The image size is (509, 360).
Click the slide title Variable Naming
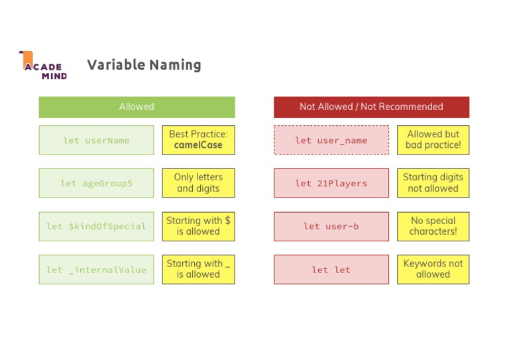pyautogui.click(x=144, y=65)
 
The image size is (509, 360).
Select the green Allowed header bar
pyautogui.click(x=137, y=107)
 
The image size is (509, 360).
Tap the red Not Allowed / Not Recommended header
pyautogui.click(x=371, y=107)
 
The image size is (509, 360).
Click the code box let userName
pyautogui.click(x=96, y=140)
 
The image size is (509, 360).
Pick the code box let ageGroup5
pyautogui.click(x=96, y=183)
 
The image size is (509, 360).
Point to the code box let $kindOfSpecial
pyautogui.click(x=96, y=226)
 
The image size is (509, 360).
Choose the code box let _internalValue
pyautogui.click(x=96, y=269)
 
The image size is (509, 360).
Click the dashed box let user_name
pyautogui.click(x=331, y=140)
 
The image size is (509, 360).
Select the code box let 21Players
pyautogui.click(x=331, y=183)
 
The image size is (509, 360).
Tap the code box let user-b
pyautogui.click(x=331, y=226)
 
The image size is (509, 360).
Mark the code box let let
pyautogui.click(x=331, y=269)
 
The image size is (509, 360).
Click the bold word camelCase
pyautogui.click(x=198, y=145)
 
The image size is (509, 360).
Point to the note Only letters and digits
pyautogui.click(x=198, y=183)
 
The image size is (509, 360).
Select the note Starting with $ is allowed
pyautogui.click(x=198, y=226)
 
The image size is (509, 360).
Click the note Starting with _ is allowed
pyautogui.click(x=198, y=269)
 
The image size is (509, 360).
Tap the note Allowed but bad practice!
pyautogui.click(x=433, y=140)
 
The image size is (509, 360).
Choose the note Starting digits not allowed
pyautogui.click(x=433, y=183)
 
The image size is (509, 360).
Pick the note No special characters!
pyautogui.click(x=433, y=226)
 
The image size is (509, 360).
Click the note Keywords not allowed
pyautogui.click(x=433, y=269)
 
